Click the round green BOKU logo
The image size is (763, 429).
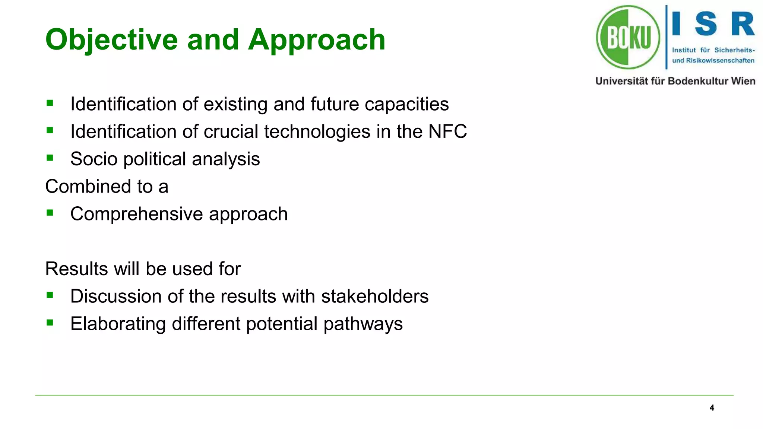coord(628,37)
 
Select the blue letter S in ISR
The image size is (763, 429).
coord(706,24)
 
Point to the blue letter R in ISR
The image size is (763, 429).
coord(742,24)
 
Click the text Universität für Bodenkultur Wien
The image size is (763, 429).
coord(675,81)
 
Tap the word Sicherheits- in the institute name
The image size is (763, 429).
coord(734,50)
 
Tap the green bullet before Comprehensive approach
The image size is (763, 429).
coord(50,213)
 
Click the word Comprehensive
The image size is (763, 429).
coord(137,214)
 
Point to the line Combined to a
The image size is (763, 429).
coord(107,186)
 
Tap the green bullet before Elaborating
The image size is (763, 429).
coord(50,322)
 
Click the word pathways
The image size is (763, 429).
coord(363,324)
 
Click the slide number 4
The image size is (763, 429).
coord(712,408)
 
